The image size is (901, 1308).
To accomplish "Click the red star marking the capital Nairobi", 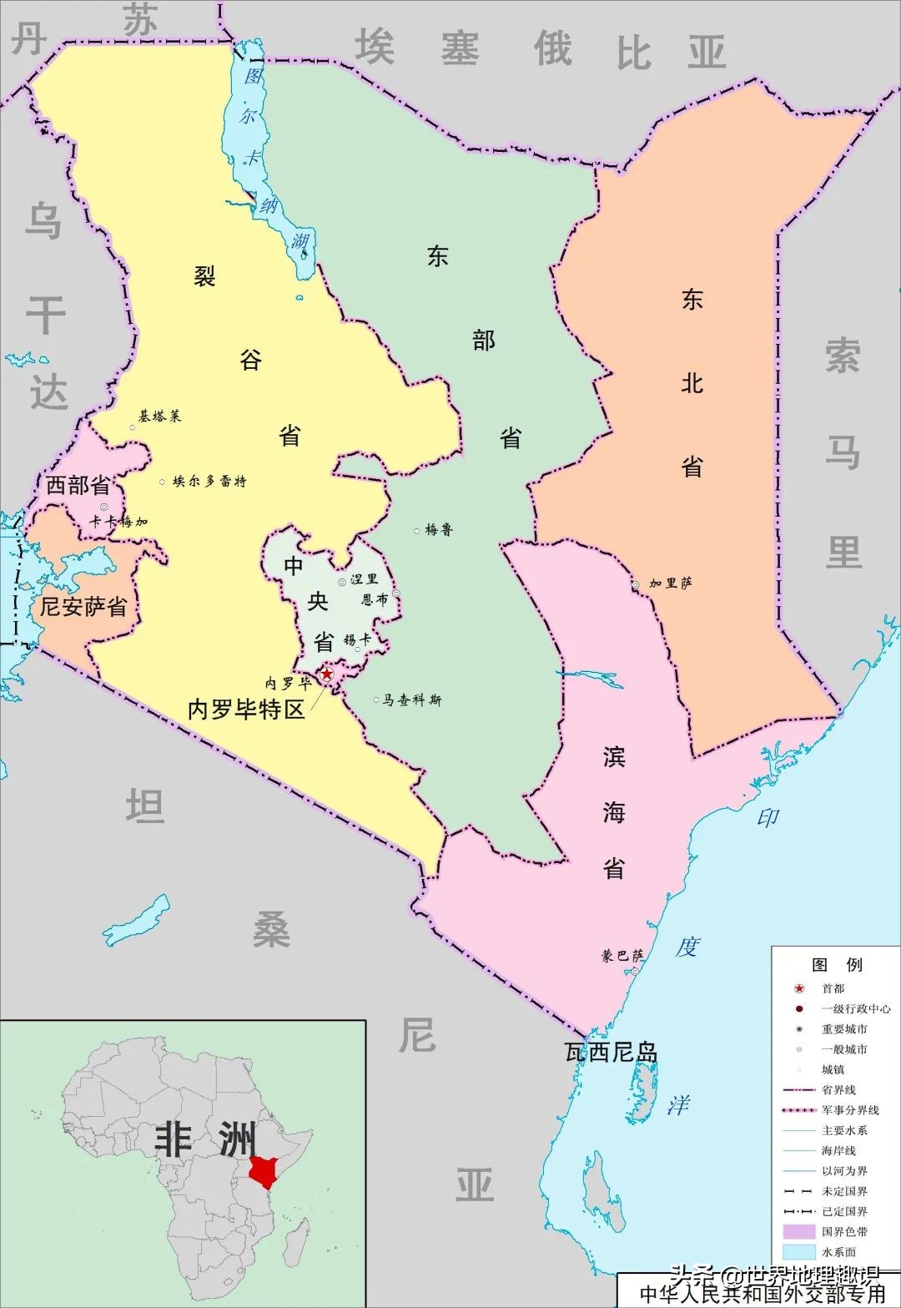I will pos(327,674).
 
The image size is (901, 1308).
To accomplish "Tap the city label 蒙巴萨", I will pos(622,956).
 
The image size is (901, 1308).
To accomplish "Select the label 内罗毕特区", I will pos(246,710).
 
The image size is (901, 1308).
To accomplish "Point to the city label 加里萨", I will pos(671,583).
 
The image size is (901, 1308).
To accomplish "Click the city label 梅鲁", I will pos(439,530).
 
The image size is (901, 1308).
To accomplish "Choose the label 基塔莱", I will pos(159,416).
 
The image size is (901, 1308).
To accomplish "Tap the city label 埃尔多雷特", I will pos(209,482).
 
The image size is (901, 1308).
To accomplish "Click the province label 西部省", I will pos(78,485).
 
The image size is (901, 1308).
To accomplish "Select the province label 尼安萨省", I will pos(83,607).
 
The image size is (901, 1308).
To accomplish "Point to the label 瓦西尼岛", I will pos(611,1053).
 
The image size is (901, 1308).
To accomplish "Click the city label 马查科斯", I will pos(412,700).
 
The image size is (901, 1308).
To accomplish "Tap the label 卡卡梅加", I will pos(118,523).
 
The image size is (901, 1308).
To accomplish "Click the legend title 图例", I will pos(837,965).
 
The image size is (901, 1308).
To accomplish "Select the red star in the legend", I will pos(799,988).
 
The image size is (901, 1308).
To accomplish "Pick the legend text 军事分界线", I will pos(850,1110).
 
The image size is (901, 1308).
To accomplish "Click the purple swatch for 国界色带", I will pos(799,1231).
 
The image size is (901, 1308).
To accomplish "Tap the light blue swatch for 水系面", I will pos(799,1252).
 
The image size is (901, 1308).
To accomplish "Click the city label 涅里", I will pos(364,579).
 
